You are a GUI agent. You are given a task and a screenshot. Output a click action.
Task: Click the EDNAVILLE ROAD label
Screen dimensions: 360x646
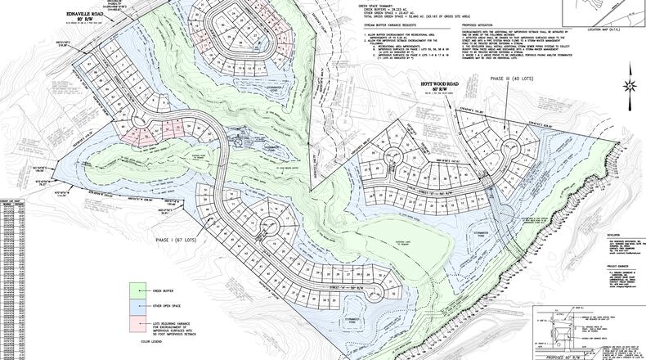click(91, 14)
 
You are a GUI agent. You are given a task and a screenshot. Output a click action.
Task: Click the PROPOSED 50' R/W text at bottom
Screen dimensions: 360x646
click(572, 357)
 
